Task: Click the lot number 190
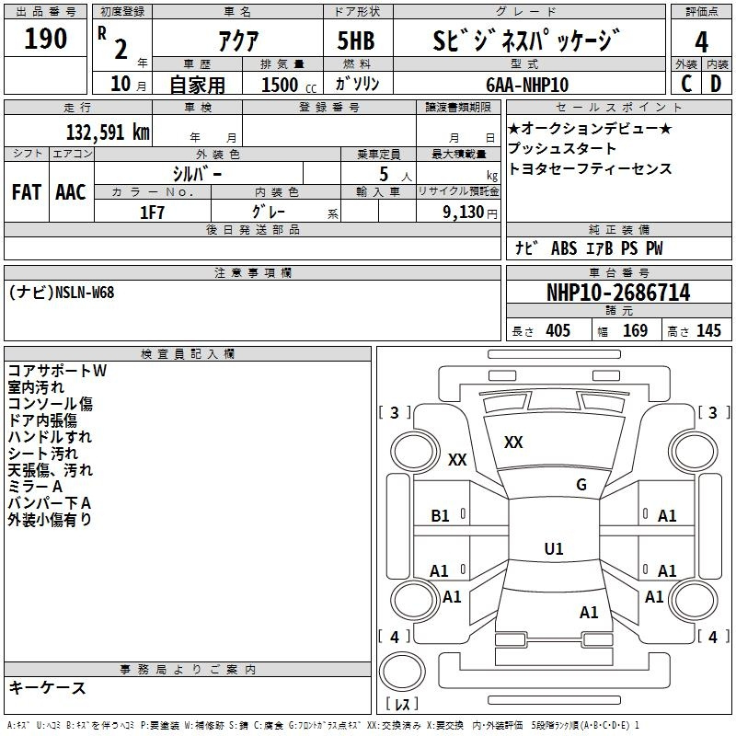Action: (45, 39)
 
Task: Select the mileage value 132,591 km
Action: (108, 132)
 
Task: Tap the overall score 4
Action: (701, 41)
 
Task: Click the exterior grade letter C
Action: (686, 84)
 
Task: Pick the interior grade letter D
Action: (716, 84)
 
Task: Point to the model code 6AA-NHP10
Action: (527, 85)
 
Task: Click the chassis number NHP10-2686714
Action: (618, 293)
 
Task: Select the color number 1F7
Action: (152, 213)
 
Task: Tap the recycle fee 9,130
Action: (464, 213)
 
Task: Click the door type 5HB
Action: (356, 40)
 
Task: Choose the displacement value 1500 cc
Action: (289, 85)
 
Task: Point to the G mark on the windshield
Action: (581, 484)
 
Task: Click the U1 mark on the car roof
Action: (554, 548)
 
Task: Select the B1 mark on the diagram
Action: (440, 516)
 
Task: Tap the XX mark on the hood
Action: (513, 443)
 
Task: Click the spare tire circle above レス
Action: (402, 672)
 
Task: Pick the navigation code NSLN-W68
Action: (85, 293)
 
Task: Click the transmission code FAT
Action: (27, 192)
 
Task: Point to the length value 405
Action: (558, 330)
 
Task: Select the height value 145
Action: (708, 330)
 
